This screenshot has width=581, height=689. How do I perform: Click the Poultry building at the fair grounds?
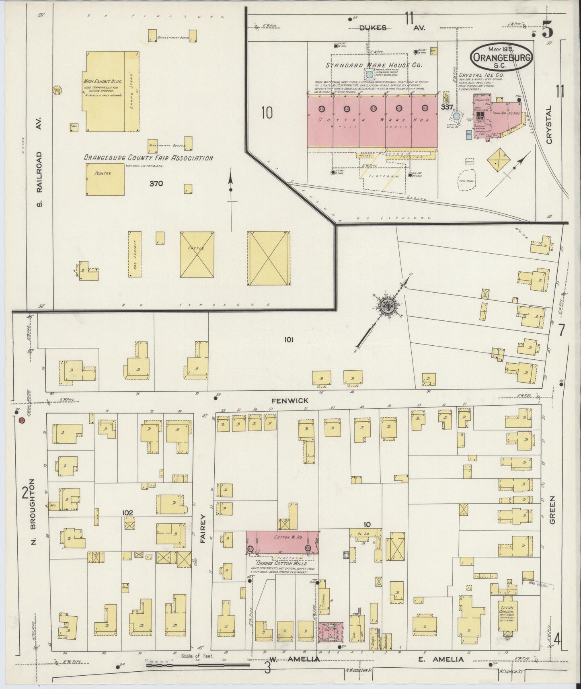pyautogui.click(x=104, y=179)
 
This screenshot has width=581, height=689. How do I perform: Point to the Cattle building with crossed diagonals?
pyautogui.click(x=197, y=254)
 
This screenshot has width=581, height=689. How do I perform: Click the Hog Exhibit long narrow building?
pyautogui.click(x=135, y=254)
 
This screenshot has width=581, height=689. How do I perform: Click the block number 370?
pyautogui.click(x=156, y=184)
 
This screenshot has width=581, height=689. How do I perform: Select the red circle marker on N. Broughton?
pyautogui.click(x=22, y=420)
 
